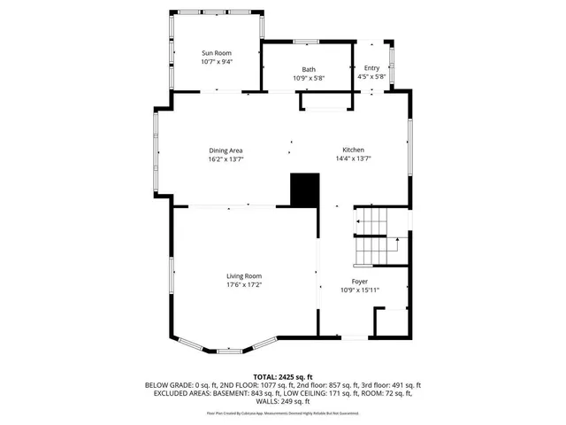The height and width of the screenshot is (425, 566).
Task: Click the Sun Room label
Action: [x=217, y=53]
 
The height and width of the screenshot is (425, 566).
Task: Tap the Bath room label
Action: [x=309, y=69]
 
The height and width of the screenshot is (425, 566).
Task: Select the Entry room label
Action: [x=371, y=68]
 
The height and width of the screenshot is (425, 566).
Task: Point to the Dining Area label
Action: [x=226, y=151]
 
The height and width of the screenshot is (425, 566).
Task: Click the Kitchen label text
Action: [x=353, y=151]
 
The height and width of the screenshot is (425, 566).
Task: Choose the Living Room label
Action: [x=244, y=275]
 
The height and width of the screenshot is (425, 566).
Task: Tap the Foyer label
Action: [x=360, y=281]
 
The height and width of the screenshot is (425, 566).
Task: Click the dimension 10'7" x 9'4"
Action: [x=217, y=62]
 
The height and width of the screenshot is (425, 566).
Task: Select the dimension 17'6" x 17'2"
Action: [x=244, y=284]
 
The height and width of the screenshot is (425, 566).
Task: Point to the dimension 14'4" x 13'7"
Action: [x=353, y=159]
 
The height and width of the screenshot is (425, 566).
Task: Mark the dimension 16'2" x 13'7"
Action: [x=226, y=159]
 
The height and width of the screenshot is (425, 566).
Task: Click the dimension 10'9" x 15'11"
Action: [x=360, y=290]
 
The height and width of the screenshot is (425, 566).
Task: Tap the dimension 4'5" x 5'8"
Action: [x=371, y=77]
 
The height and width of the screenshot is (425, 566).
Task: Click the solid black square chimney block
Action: [x=304, y=189]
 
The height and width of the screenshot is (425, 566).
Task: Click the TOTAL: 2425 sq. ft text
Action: [x=283, y=376]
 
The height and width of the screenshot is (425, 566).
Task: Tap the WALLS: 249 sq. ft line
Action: [x=283, y=401]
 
